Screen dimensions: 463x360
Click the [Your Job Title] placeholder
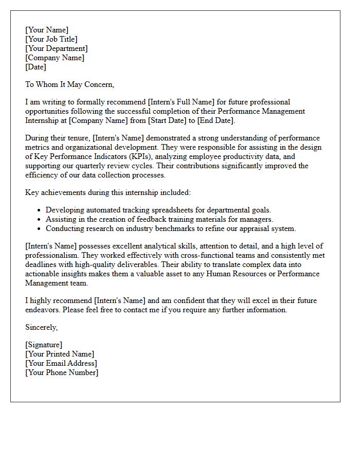point(51,39)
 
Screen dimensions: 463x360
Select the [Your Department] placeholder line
point(57,48)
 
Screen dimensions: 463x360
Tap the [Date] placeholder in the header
point(35,67)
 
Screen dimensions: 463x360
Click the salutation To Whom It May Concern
point(69,84)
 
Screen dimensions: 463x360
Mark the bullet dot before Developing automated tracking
point(39,210)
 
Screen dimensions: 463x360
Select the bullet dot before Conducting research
point(39,229)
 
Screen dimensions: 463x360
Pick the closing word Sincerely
point(41,327)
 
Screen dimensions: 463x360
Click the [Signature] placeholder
point(44,345)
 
